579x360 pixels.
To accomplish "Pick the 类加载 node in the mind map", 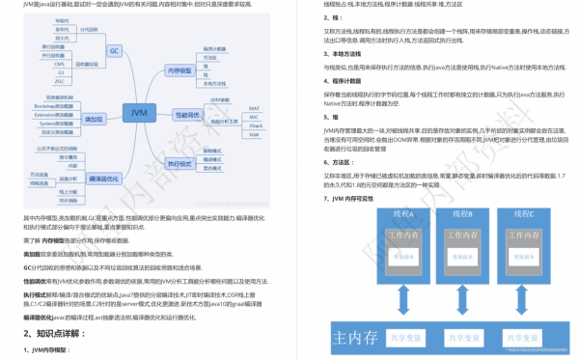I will pyautogui.click(x=94, y=119).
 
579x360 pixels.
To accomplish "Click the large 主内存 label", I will pyautogui.click(x=353, y=338).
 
